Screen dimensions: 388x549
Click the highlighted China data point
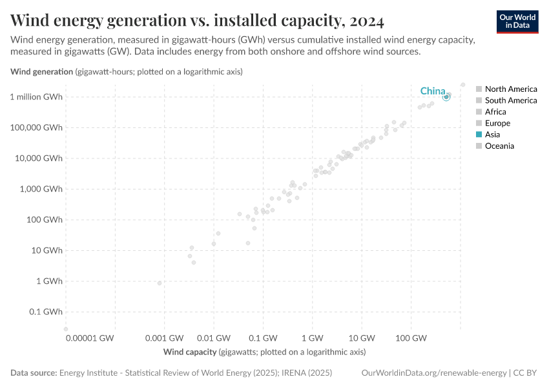coord(446,97)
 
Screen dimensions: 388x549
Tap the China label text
coord(433,91)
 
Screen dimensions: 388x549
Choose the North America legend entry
coord(510,89)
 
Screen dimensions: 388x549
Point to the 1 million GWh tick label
coord(36,97)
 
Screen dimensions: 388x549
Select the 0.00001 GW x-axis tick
coord(90,338)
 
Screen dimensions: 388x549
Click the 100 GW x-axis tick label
coord(411,338)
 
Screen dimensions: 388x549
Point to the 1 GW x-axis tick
coord(313,338)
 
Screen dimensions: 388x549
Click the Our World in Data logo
coord(517,22)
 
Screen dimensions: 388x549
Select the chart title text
coord(197,21)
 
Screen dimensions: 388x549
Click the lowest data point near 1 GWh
coord(160,283)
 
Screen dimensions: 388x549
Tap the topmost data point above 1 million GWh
coord(462,85)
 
